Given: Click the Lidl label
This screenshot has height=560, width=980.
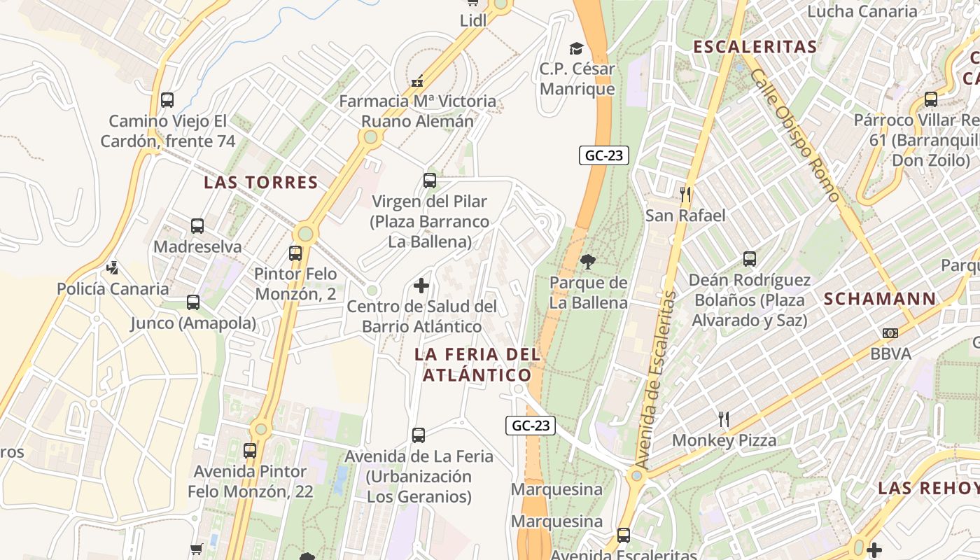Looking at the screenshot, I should [x=473, y=21].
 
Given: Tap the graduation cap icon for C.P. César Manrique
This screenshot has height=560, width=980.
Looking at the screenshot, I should [x=576, y=48].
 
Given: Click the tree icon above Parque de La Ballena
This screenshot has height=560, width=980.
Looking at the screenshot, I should [x=588, y=262].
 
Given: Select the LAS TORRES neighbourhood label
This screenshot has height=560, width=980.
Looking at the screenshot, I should [x=261, y=183].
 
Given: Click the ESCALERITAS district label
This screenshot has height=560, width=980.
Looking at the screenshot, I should [x=755, y=47].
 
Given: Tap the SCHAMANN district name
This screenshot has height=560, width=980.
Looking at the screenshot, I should [x=880, y=299].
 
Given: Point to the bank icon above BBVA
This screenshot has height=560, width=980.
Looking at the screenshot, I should [x=890, y=332].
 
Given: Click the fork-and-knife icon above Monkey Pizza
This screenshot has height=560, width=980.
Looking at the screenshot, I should [x=724, y=419].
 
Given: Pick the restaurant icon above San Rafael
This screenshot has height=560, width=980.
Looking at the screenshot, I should [x=685, y=195].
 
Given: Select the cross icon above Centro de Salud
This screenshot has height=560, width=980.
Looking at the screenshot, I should [x=421, y=286].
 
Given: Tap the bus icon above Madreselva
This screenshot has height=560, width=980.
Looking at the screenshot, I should [x=197, y=226].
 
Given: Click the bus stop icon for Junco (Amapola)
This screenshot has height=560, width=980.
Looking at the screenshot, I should [x=193, y=302].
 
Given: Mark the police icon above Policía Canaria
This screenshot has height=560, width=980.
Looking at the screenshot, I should [x=113, y=267].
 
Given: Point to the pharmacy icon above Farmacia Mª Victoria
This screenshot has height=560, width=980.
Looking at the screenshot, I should [x=417, y=81].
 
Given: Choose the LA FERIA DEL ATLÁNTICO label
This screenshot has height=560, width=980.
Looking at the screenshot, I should [x=477, y=364].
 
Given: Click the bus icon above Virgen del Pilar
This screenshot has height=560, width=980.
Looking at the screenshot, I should [x=430, y=181].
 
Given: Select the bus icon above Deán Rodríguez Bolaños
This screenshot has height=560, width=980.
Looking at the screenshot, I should [x=750, y=259].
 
